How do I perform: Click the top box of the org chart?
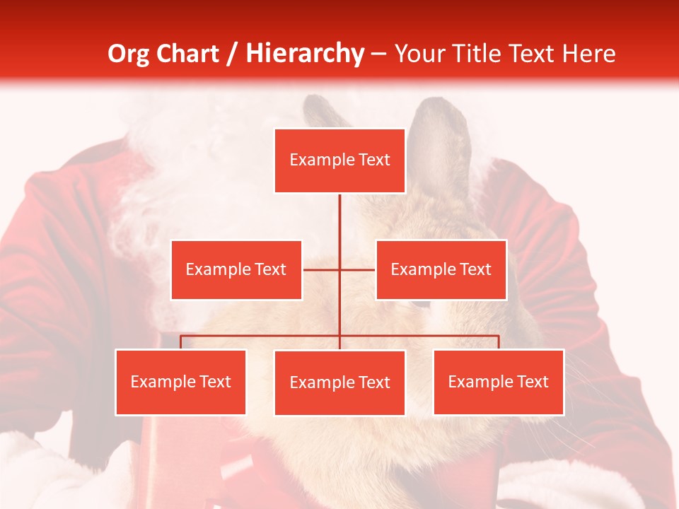tap(339, 160)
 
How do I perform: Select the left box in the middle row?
tap(236, 269)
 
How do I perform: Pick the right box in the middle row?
tap(441, 269)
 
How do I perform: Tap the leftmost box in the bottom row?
tap(180, 382)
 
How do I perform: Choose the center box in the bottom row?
tap(339, 382)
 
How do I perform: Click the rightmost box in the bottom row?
tap(498, 382)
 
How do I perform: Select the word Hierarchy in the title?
tap(305, 54)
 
